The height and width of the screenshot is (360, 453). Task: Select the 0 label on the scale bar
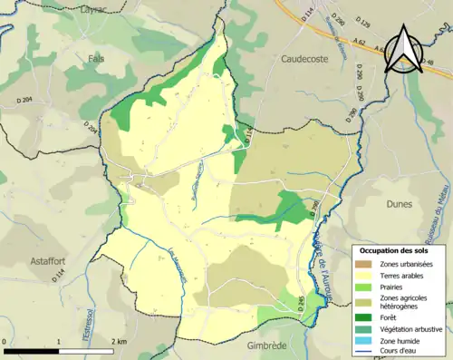(x=5, y=340)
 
